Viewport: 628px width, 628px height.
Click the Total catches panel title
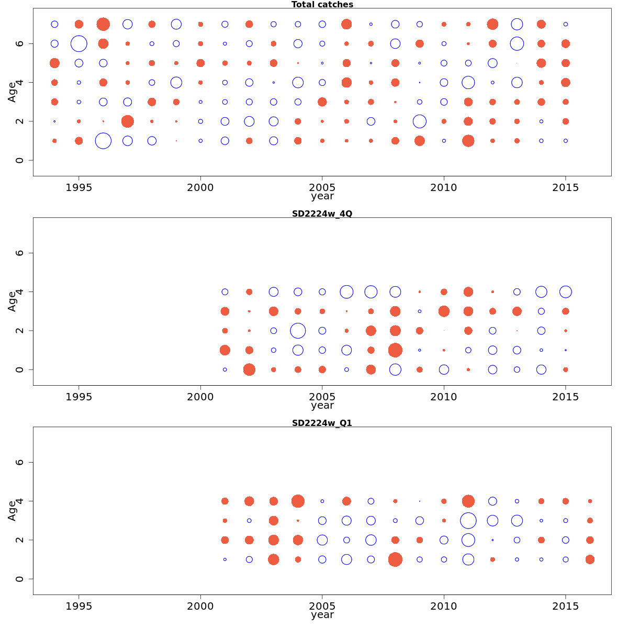click(x=322, y=5)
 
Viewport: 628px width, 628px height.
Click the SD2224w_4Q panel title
click(x=322, y=214)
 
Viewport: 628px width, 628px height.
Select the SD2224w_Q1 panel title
click(x=322, y=423)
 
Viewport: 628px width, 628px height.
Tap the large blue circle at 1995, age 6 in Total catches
click(x=78, y=43)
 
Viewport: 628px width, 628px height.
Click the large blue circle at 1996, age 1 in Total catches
click(x=103, y=141)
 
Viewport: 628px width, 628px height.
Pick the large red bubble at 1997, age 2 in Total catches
click(x=127, y=121)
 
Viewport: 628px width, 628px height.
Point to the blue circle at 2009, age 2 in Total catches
click(x=419, y=121)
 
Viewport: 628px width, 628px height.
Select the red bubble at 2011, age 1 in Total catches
click(x=468, y=141)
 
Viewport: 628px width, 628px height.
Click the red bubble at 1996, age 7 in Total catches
click(x=103, y=24)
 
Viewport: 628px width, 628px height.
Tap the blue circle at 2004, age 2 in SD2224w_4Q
click(x=298, y=331)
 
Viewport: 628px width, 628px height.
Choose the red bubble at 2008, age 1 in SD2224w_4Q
click(x=395, y=350)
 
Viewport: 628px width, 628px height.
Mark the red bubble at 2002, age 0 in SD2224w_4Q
click(x=249, y=369)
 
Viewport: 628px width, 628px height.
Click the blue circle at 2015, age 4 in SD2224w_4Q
click(x=565, y=292)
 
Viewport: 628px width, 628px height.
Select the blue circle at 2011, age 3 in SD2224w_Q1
click(x=468, y=521)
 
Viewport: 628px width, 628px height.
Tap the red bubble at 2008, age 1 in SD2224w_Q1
click(x=395, y=559)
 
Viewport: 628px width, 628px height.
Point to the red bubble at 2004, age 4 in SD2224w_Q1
click(x=298, y=501)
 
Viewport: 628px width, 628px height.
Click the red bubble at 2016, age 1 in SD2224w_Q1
click(x=590, y=559)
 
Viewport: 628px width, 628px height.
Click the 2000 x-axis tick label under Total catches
click(x=200, y=187)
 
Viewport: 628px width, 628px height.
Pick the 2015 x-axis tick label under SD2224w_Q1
click(x=565, y=606)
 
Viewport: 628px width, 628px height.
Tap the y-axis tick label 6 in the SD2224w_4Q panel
click(x=20, y=253)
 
